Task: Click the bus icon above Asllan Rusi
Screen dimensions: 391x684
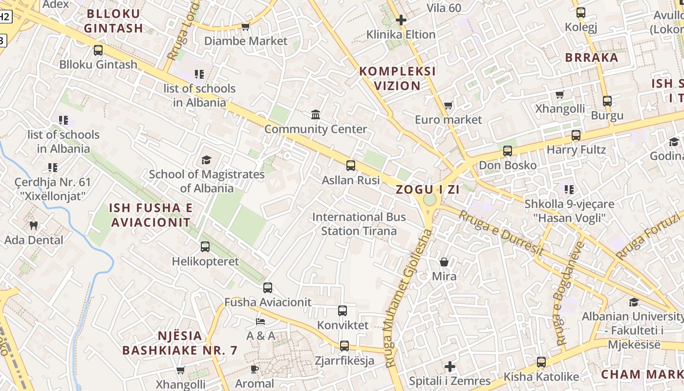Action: pyautogui.click(x=351, y=166)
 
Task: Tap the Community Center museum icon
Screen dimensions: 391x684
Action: pyautogui.click(x=316, y=115)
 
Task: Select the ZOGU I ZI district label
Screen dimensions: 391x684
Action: pyautogui.click(x=427, y=190)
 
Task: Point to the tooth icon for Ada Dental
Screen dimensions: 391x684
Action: pyautogui.click(x=34, y=225)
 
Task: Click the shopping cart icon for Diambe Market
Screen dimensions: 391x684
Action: pyautogui.click(x=245, y=26)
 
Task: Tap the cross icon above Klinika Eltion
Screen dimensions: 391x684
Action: pyautogui.click(x=401, y=20)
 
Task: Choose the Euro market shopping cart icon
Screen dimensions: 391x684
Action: pyautogui.click(x=448, y=105)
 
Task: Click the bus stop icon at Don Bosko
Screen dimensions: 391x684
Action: pyautogui.click(x=508, y=151)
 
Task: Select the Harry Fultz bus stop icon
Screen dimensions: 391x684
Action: pyautogui.click(x=576, y=135)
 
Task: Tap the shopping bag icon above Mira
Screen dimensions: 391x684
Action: pyautogui.click(x=444, y=262)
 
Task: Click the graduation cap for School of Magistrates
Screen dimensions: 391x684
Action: pyautogui.click(x=206, y=160)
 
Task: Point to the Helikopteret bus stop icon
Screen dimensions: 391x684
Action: pyautogui.click(x=205, y=247)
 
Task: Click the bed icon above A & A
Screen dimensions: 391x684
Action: pyautogui.click(x=260, y=322)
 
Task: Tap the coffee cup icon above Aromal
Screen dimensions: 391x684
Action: pyautogui.click(x=254, y=369)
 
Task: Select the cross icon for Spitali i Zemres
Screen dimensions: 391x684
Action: pyautogui.click(x=450, y=366)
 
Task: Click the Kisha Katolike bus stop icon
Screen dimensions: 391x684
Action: pyautogui.click(x=541, y=362)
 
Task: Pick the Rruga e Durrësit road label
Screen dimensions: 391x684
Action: pyautogui.click(x=501, y=233)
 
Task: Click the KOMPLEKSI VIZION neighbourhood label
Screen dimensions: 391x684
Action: pyautogui.click(x=397, y=78)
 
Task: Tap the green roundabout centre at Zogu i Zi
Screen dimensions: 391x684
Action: pyautogui.click(x=429, y=199)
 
